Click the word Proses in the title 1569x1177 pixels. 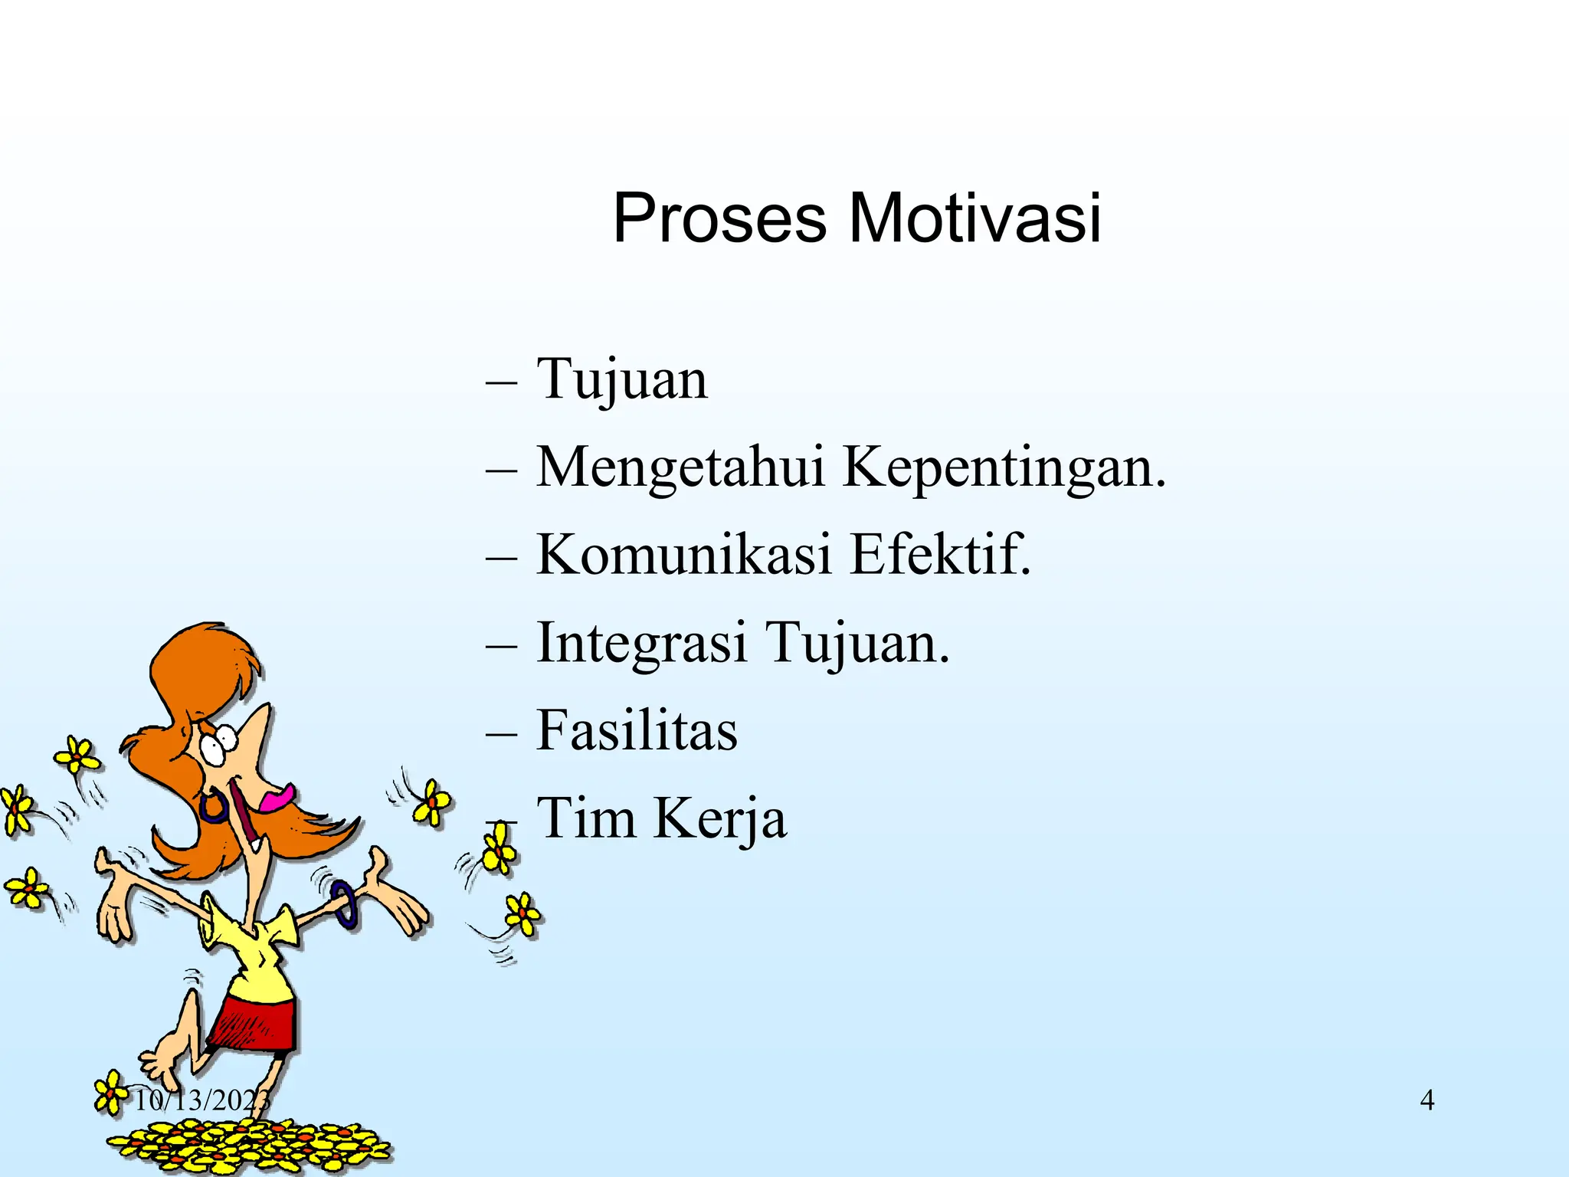(719, 219)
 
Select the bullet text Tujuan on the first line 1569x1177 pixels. (621, 379)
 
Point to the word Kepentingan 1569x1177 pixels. (1004, 467)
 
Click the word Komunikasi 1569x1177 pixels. (683, 555)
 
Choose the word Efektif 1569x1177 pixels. (941, 555)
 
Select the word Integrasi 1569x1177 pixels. (641, 644)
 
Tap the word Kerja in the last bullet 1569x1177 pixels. (719, 818)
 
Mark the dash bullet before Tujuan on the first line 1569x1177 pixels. (501, 382)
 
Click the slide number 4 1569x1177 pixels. (1427, 1100)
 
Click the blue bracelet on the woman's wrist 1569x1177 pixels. (346, 904)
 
